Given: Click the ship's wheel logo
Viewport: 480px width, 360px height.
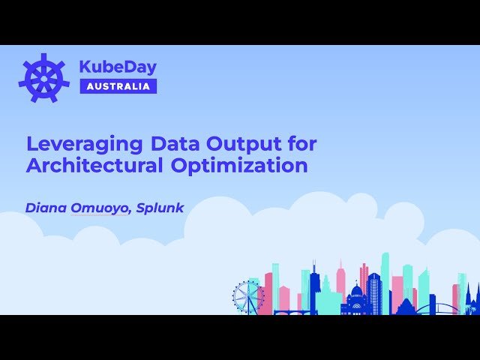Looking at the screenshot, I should pyautogui.click(x=44, y=77).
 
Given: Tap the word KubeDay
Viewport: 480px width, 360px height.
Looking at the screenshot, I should pyautogui.click(x=118, y=67).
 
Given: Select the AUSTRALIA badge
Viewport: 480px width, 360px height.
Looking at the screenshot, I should pyautogui.click(x=118, y=86).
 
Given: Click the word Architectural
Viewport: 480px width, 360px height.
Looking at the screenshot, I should pyautogui.click(x=89, y=166).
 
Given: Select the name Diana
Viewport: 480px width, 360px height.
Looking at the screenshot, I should pyautogui.click(x=46, y=208).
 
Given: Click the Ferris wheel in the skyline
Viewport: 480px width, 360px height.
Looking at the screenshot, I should pyautogui.click(x=247, y=297).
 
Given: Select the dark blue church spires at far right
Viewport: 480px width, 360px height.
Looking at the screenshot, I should pyautogui.click(x=470, y=298).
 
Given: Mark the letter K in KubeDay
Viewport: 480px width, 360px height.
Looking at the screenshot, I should pyautogui.click(x=85, y=67).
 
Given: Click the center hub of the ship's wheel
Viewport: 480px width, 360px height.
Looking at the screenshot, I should pyautogui.click(x=44, y=77).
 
